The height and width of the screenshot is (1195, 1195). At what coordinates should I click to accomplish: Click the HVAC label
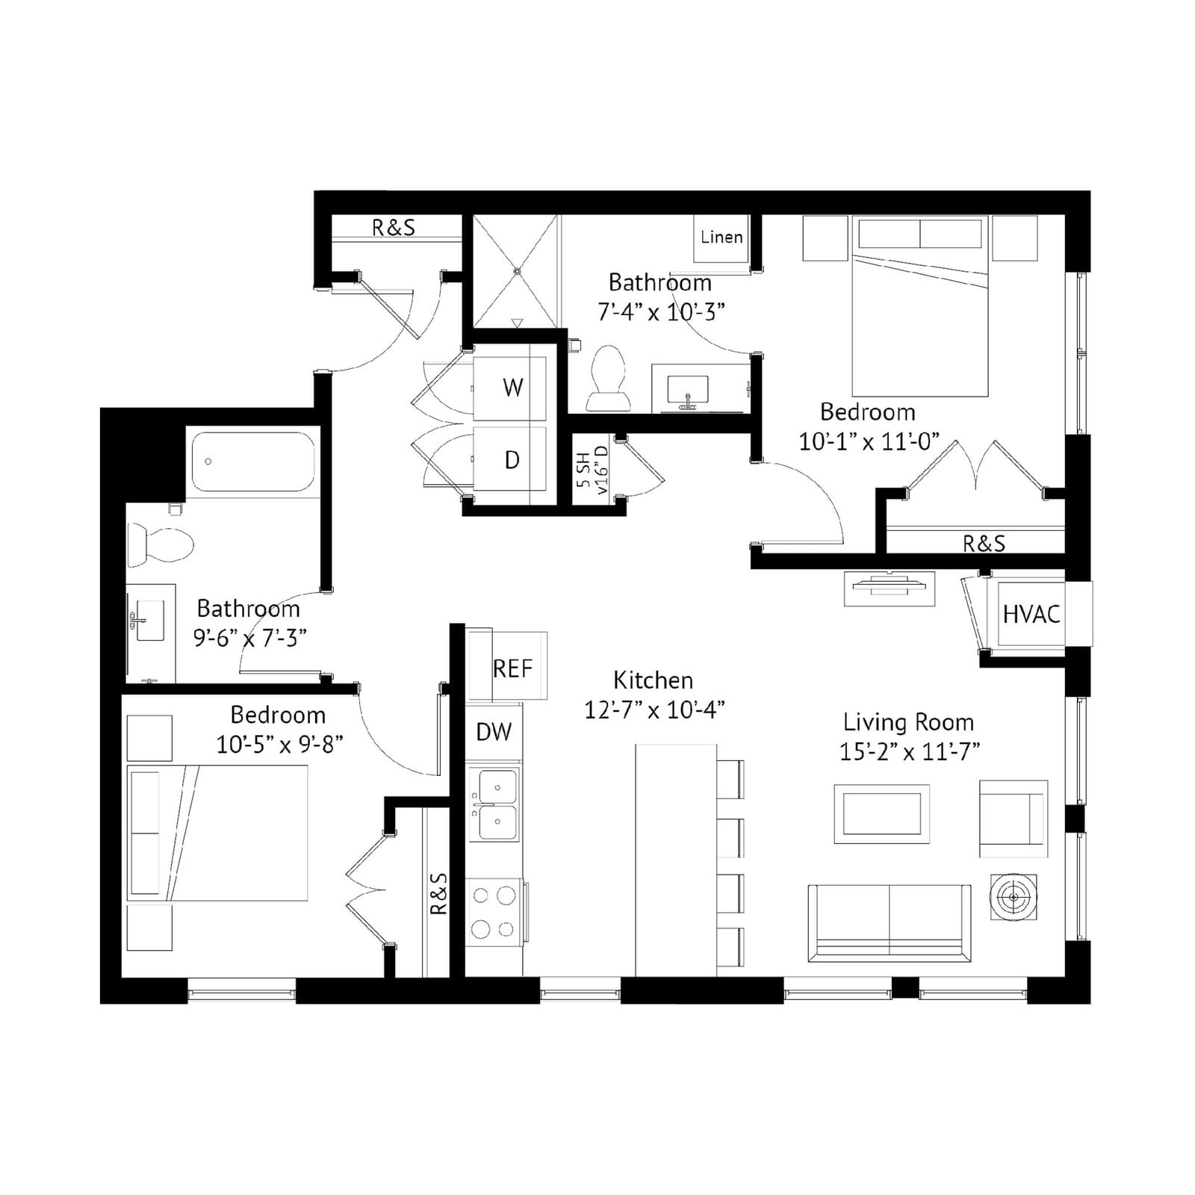click(1031, 614)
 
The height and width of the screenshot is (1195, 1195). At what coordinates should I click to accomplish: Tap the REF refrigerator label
click(512, 668)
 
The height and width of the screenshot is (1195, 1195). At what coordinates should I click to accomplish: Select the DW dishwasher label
click(494, 732)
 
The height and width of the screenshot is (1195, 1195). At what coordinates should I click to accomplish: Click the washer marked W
click(511, 388)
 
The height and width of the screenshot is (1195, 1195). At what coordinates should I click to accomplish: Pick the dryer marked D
click(511, 459)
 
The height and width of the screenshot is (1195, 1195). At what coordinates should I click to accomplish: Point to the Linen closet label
click(721, 237)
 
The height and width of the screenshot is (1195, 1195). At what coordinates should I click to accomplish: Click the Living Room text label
click(908, 722)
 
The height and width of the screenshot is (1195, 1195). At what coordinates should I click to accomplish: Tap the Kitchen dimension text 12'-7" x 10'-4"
click(654, 710)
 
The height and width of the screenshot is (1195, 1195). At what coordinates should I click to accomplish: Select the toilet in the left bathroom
click(160, 544)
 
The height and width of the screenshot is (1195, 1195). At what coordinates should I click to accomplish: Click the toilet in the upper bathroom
click(608, 378)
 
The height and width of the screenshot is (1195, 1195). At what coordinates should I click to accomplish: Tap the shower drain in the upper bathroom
click(516, 271)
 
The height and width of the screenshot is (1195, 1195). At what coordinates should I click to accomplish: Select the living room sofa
click(889, 922)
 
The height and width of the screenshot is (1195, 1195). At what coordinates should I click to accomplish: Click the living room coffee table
click(881, 814)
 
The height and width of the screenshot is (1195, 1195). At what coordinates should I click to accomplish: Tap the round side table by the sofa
click(1013, 896)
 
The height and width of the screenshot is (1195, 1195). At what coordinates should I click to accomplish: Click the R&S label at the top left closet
click(394, 227)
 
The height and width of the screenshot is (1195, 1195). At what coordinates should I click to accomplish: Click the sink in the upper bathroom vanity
click(689, 391)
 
